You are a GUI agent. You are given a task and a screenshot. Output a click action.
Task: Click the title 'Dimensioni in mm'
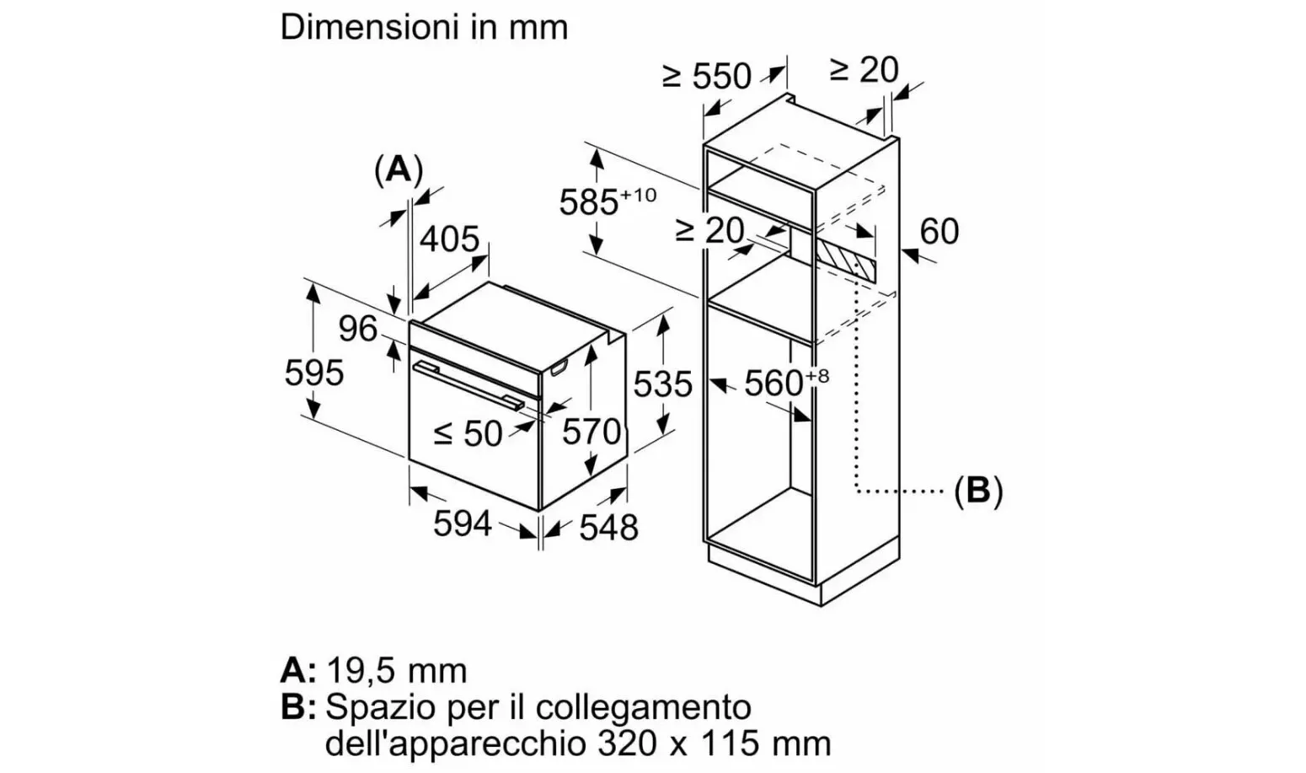424,27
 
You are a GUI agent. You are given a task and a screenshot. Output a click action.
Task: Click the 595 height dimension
314,372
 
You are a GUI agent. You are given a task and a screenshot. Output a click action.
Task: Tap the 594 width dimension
462,523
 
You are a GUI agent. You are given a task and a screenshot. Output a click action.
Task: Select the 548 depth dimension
608,528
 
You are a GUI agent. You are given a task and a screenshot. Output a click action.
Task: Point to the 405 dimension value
449,239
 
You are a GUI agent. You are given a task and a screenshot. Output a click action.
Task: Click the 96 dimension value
357,329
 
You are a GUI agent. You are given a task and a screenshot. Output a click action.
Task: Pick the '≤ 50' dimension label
468,434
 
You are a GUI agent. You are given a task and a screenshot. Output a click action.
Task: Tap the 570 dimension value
591,432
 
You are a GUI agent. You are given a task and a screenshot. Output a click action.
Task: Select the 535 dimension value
662,384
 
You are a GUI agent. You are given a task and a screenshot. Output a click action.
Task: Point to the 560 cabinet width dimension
774,384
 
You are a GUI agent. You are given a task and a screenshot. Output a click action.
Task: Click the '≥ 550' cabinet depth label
706,77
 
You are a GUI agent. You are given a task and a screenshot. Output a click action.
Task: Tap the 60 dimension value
939,231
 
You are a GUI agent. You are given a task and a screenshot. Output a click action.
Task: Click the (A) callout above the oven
398,169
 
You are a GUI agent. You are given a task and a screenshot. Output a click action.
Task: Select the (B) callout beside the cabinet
977,490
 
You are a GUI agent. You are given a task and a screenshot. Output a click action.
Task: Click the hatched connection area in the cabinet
845,259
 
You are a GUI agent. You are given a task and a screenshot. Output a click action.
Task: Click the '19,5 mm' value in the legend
396,671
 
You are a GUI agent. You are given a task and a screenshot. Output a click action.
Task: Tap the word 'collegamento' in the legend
643,706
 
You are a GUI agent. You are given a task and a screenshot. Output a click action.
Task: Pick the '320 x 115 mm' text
714,743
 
